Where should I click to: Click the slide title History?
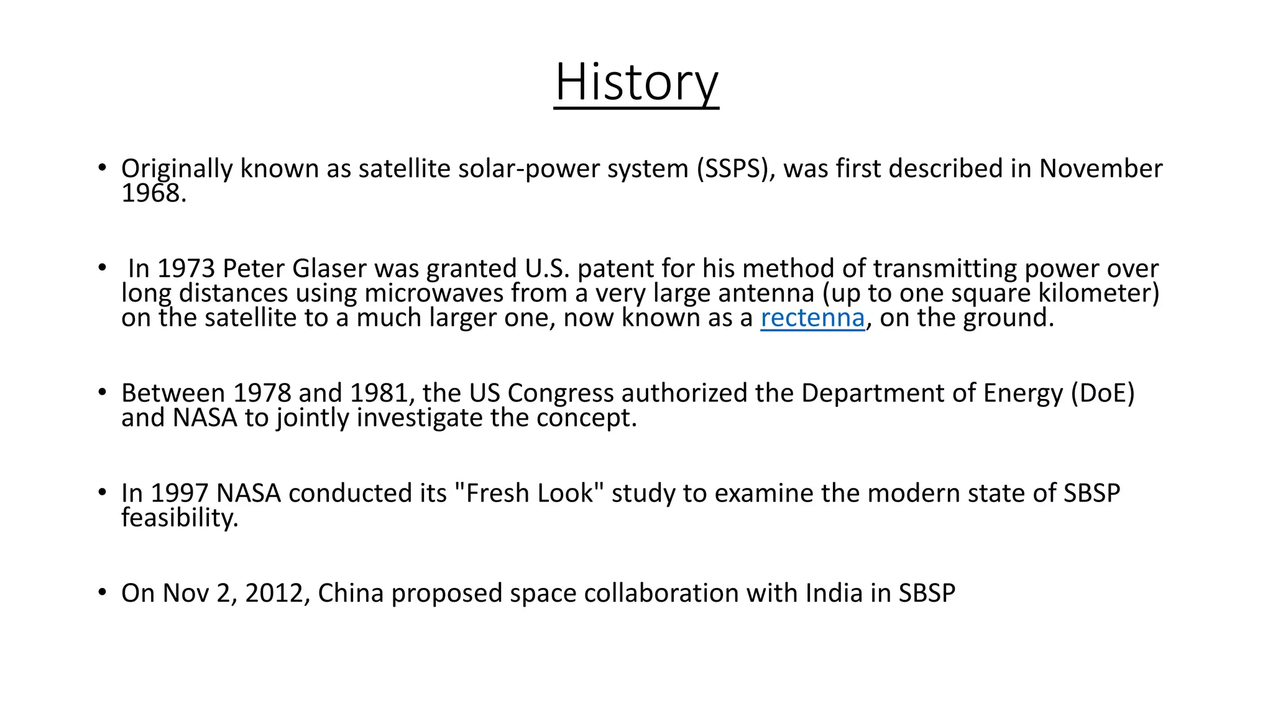pos(636,82)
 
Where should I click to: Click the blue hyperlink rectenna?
pos(812,318)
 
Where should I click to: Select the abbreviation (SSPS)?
pos(735,169)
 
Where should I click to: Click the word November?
pos(1100,169)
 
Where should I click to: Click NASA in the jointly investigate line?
pos(205,418)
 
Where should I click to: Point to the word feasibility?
pos(180,518)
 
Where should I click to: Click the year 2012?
pos(273,594)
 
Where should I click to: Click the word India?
pos(834,594)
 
